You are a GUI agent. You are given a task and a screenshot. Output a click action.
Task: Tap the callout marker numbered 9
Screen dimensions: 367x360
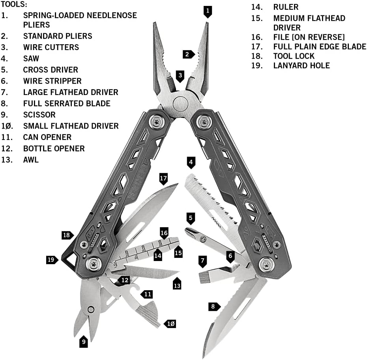[84, 341]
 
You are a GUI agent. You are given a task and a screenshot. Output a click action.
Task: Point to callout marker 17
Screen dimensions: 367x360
[163, 179]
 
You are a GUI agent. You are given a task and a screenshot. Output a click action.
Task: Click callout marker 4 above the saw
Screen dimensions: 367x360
[191, 163]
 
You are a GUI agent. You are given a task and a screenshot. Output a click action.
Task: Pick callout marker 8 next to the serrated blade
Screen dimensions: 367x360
[214, 306]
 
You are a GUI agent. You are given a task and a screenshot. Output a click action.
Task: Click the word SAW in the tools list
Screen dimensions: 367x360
[31, 58]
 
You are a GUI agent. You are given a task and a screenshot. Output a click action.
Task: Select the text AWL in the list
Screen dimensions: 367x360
[31, 160]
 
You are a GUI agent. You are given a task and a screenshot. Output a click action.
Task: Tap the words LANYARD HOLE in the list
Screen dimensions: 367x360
[301, 65]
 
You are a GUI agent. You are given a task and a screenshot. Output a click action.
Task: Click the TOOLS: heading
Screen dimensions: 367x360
[14, 4]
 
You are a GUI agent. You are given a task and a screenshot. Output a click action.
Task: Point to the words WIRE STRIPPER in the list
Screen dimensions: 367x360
[52, 81]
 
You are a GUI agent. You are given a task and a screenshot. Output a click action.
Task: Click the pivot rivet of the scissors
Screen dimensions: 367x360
[91, 310]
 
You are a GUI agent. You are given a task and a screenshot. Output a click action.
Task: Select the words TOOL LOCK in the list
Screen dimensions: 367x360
[294, 56]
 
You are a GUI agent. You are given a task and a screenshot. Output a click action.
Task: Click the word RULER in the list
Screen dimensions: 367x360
[286, 7]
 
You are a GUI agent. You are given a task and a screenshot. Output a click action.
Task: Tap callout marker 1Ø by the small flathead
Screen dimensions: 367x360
[170, 324]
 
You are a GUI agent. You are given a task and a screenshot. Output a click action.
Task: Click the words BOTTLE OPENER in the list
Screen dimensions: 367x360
[54, 149]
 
